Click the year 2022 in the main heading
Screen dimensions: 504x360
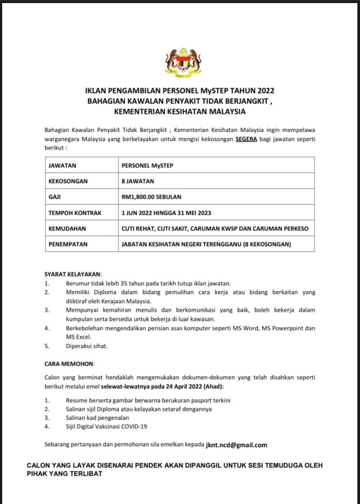pos(266,91)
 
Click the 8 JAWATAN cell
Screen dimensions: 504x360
pos(138,181)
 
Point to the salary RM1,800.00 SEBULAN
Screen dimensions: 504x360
pos(151,197)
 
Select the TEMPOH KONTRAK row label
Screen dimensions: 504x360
pos(75,213)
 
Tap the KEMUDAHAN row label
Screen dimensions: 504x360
pos(67,228)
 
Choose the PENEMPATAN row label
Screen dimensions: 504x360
pos(68,244)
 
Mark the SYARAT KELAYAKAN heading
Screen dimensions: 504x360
pos(73,274)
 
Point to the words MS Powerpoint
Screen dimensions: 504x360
pos(285,328)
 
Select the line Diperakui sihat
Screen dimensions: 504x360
pos(87,346)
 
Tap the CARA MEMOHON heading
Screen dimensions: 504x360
pos(69,364)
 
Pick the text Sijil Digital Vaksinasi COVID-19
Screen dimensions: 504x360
pos(107,427)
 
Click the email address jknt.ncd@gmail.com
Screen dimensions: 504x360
pos(237,445)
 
